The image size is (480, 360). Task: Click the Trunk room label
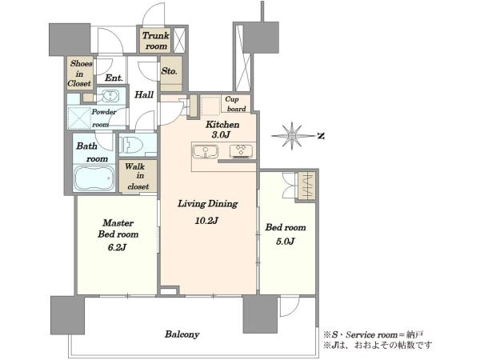(156, 41)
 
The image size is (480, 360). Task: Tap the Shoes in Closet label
(80, 74)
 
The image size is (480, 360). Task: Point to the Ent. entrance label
(114, 78)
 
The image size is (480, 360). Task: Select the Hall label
(144, 94)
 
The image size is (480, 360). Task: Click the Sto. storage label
(170, 71)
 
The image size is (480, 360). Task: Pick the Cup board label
(236, 104)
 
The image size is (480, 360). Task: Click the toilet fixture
(132, 144)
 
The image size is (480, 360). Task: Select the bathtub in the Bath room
(94, 178)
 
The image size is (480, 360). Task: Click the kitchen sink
(205, 151)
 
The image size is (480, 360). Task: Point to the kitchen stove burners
(242, 151)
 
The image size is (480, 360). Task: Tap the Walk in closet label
(137, 176)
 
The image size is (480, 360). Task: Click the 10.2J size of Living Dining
(206, 220)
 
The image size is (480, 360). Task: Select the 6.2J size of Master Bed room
(118, 247)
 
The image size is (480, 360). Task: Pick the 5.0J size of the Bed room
(285, 242)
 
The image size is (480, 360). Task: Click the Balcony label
(182, 334)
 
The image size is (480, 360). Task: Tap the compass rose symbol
(292, 136)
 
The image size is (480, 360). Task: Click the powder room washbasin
(108, 96)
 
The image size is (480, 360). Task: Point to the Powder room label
(103, 118)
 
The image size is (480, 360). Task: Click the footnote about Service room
(374, 334)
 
